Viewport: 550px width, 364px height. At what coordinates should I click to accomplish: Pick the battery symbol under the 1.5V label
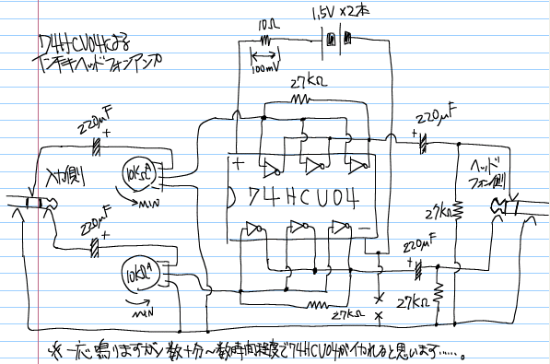340,40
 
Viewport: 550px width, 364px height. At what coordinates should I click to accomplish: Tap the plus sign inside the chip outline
239,165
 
